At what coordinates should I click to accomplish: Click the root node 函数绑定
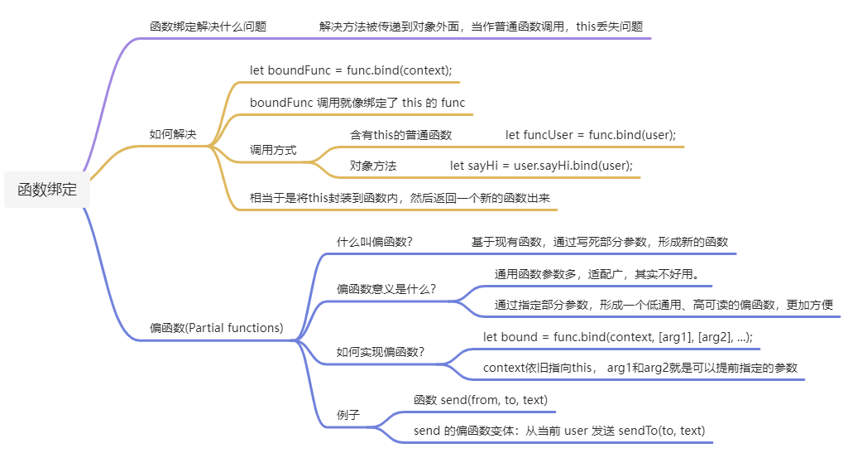(47, 190)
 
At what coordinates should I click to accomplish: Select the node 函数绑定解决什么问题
(208, 27)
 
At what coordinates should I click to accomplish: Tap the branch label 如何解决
(172, 134)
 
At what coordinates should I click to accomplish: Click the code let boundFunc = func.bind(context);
(351, 70)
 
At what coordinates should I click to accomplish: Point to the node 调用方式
(273, 151)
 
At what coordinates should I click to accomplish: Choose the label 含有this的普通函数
(400, 134)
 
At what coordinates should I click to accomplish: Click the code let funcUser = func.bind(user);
(591, 134)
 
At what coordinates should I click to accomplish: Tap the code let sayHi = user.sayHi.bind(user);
(541, 166)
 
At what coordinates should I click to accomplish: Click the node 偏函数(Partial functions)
(216, 328)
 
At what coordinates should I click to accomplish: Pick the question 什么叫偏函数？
(374, 242)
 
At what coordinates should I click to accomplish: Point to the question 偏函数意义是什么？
(386, 289)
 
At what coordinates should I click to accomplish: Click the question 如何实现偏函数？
(380, 352)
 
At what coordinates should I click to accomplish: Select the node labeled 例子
(348, 414)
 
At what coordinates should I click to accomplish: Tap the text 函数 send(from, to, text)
(480, 400)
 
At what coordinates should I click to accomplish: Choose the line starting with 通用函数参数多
(597, 274)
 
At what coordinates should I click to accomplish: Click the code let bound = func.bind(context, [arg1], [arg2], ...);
(617, 337)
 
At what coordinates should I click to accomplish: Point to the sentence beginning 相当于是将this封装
(400, 198)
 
